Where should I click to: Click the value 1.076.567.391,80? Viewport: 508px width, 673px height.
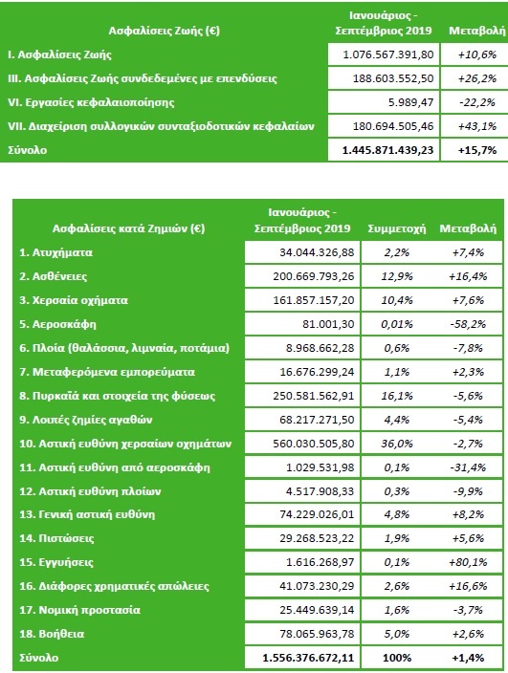388,54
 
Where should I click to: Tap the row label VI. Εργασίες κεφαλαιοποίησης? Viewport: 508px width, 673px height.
91,102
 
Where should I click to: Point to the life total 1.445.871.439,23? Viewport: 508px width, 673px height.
388,150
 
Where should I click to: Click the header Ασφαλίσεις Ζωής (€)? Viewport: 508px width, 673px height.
164,31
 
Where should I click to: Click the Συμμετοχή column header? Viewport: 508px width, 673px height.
397,228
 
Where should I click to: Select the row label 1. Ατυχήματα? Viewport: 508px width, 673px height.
55,252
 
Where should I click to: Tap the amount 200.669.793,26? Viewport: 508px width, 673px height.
314,276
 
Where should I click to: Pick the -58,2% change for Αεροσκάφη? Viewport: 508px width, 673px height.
468,324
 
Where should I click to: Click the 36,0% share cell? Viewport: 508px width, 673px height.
397,444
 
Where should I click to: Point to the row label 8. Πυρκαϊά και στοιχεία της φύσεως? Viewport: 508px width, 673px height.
118,396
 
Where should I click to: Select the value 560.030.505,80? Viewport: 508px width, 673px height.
314,444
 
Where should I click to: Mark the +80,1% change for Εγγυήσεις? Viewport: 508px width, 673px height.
468,562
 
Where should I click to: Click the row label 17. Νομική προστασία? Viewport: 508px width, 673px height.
79,610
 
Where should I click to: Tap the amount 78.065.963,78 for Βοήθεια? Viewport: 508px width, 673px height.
317,634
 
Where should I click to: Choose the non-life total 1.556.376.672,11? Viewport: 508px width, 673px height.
308,658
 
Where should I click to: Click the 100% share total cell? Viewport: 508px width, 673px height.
397,658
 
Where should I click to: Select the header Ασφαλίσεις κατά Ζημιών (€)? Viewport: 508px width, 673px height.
128,228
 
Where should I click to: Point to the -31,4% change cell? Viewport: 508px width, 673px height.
468,467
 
